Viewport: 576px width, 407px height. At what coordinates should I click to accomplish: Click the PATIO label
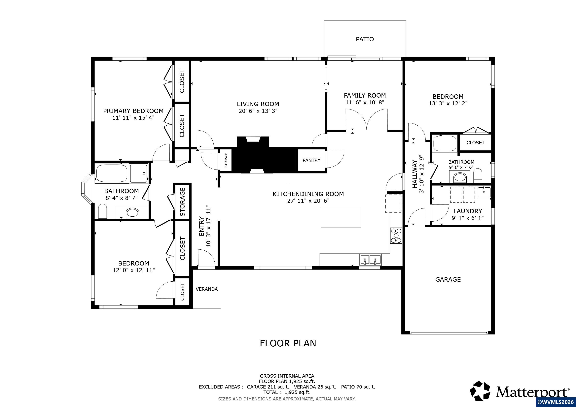[x=365, y=39]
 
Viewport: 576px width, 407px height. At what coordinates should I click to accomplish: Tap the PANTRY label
[x=311, y=160]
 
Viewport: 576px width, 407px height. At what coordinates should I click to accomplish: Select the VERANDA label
[x=206, y=289]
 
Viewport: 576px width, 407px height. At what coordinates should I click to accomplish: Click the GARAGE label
[x=448, y=279]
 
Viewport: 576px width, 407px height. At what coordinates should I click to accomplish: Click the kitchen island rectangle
[x=341, y=218]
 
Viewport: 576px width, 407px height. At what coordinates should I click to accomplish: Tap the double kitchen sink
[x=371, y=260]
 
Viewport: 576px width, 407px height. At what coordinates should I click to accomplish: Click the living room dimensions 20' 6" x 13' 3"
[x=258, y=111]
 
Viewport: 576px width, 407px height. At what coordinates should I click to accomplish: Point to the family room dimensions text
[x=365, y=102]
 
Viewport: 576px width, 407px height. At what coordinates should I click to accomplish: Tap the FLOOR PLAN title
[x=288, y=343]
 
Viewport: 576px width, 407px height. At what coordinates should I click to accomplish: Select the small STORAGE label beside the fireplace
[x=226, y=160]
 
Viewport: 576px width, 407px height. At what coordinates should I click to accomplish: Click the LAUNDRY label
[x=468, y=211]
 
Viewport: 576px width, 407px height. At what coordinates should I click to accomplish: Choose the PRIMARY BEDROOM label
[x=133, y=111]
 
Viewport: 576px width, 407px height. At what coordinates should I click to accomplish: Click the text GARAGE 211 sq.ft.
[x=268, y=387]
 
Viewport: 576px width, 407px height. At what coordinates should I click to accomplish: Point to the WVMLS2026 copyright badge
[x=556, y=402]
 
